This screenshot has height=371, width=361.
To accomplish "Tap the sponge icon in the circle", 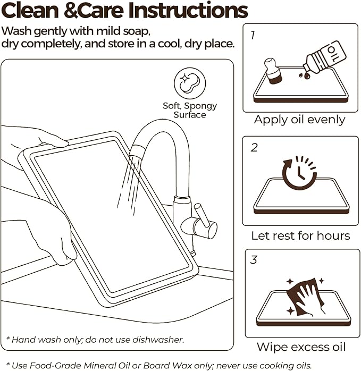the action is pos(190,83).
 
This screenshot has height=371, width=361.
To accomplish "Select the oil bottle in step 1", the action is pos(324,57).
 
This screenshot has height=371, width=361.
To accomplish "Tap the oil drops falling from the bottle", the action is pos(305,75).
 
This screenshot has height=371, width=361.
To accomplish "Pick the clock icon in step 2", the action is pos(299,173).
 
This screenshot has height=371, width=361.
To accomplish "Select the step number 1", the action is pos(253,35).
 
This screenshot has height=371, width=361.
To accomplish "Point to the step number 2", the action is pos(254,148).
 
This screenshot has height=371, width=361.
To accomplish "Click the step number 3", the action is pos(254,259).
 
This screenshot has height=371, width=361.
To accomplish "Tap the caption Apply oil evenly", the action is pos(300,120).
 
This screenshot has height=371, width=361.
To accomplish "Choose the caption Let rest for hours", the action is pos(300,235).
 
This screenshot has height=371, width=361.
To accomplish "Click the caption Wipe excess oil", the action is pos(301,347).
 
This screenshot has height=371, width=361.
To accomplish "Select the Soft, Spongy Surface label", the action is pos(190,110).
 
